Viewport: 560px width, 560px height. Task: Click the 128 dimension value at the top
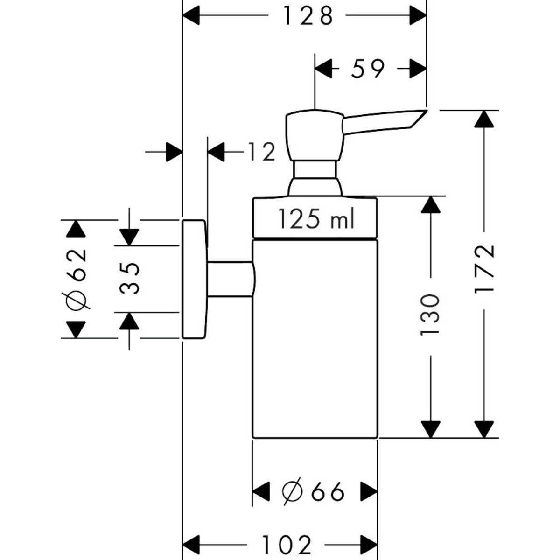[308, 16]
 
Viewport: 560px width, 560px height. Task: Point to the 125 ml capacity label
[316, 218]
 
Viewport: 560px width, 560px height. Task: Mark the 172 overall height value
[484, 268]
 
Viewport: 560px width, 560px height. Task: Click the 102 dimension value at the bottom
[286, 545]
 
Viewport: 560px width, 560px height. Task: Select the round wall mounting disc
[194, 279]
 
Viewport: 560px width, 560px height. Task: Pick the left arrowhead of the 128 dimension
[191, 16]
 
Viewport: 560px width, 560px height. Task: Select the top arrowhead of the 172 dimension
[484, 119]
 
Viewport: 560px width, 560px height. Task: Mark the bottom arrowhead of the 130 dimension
[430, 429]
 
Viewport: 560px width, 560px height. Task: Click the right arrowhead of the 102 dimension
[368, 545]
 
